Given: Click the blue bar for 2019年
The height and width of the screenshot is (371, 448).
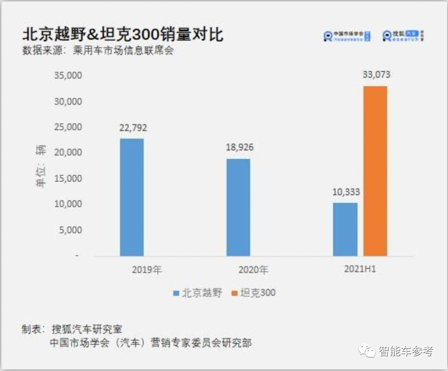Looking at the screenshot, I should pyautogui.click(x=131, y=197).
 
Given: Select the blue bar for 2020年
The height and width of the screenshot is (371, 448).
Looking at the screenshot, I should pyautogui.click(x=238, y=207).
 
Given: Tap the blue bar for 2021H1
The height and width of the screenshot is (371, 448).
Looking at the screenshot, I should pyautogui.click(x=345, y=229).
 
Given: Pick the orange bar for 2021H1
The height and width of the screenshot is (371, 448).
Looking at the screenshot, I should pyautogui.click(x=375, y=171).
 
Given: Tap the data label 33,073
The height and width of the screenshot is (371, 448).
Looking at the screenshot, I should pyautogui.click(x=375, y=75).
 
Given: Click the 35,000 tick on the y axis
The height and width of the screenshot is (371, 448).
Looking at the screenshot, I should pyautogui.click(x=68, y=76).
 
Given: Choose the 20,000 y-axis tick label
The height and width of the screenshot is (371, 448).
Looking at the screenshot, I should pyautogui.click(x=68, y=153).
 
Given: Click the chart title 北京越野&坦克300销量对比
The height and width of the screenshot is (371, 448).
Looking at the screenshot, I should pyautogui.click(x=122, y=34).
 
